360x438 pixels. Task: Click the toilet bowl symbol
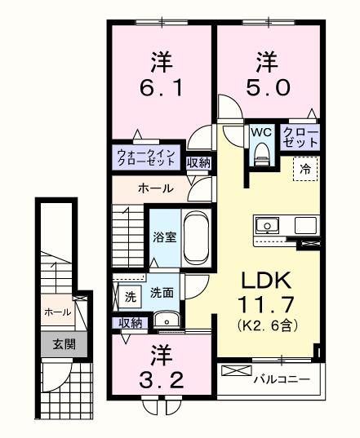tap(261, 153)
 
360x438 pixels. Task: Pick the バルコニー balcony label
tap(280, 379)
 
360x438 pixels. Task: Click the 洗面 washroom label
tap(161, 293)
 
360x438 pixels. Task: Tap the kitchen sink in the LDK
tap(268, 224)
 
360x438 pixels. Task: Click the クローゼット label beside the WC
tap(300, 136)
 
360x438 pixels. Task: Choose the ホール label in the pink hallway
tap(154, 188)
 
